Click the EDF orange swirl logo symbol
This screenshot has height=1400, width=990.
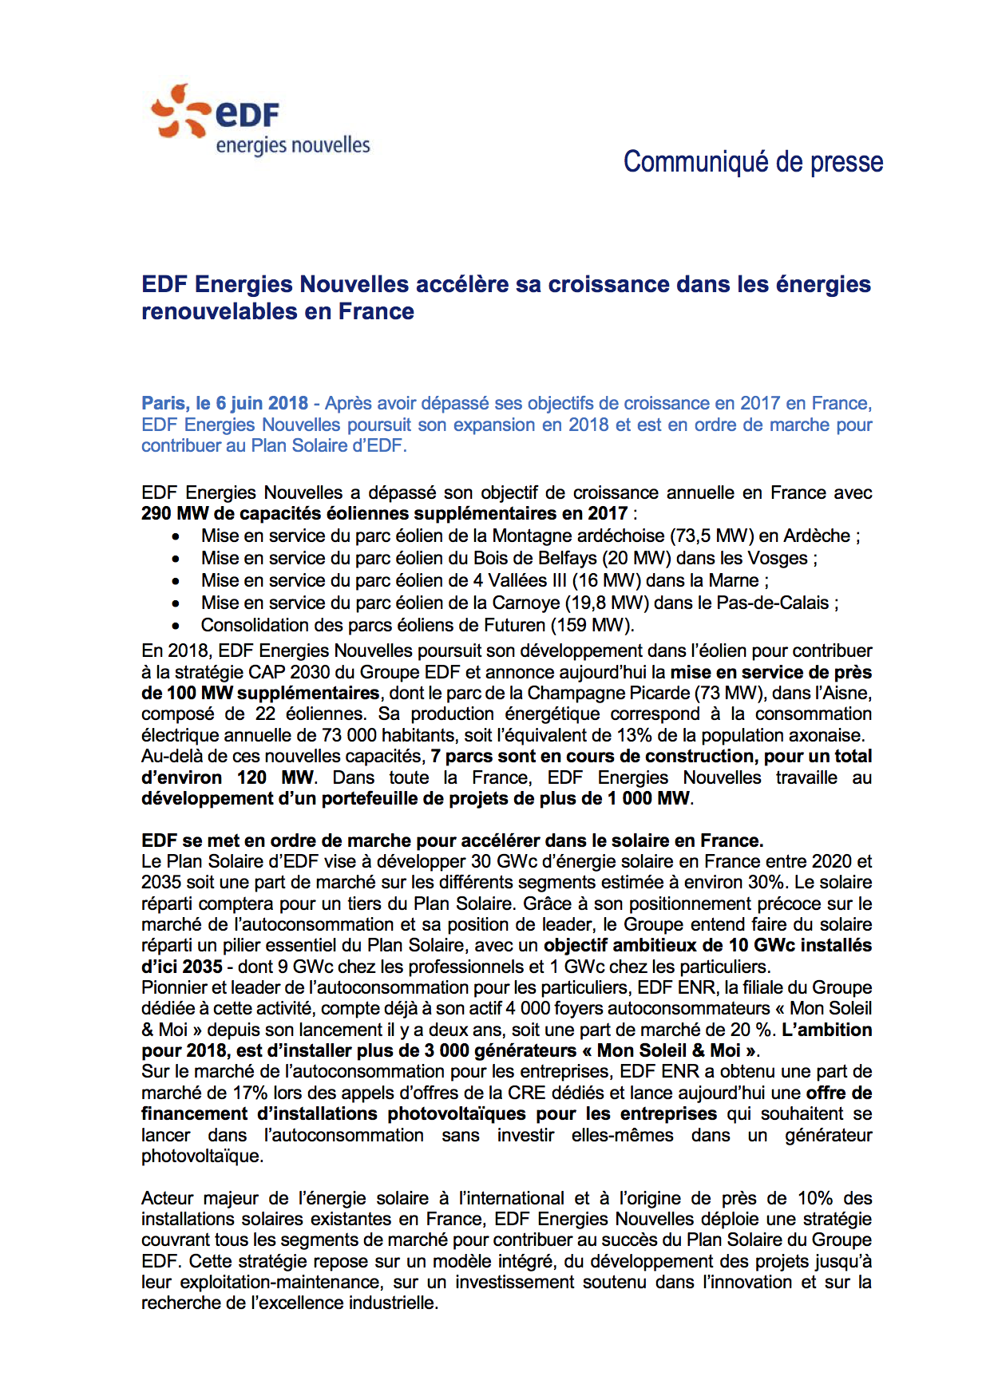tap(180, 112)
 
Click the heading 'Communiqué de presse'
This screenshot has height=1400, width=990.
tap(753, 161)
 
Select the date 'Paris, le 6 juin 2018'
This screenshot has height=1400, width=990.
tap(224, 403)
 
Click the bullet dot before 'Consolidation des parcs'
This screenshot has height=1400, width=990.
tap(176, 626)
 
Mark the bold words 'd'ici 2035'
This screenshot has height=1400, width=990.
tap(182, 967)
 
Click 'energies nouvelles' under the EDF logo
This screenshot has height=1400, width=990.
tap(293, 145)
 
